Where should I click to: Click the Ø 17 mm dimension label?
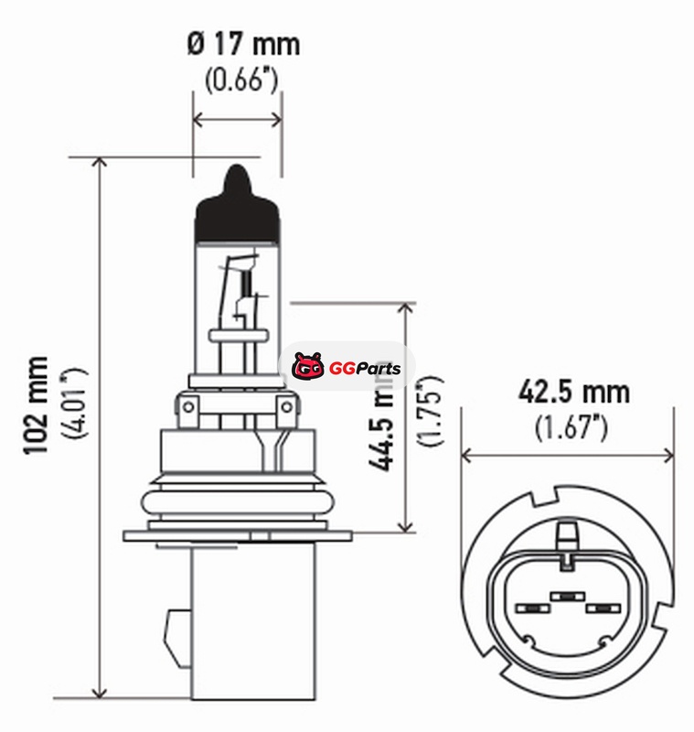pyautogui.click(x=243, y=44)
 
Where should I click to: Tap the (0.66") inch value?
pyautogui.click(x=241, y=80)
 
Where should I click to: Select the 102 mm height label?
pyautogui.click(x=36, y=404)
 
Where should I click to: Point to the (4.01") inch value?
pyautogui.click(x=74, y=403)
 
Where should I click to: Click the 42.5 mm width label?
pyautogui.click(x=574, y=392)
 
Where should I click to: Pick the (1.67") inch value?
pyautogui.click(x=571, y=426)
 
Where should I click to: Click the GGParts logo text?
pyautogui.click(x=365, y=369)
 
